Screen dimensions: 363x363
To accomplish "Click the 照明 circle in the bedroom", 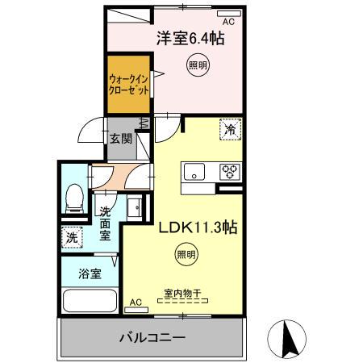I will (197, 65).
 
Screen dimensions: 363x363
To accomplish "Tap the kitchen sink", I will (196, 171).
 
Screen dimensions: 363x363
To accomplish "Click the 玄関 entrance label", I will (122, 139).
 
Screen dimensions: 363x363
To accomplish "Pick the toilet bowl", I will (75, 195).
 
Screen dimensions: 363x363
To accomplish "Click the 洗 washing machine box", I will (71, 239).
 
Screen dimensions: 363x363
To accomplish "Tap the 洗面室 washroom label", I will (106, 224).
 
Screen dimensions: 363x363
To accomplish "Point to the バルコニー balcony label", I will (152, 337).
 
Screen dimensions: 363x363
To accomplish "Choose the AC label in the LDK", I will (136, 302).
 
